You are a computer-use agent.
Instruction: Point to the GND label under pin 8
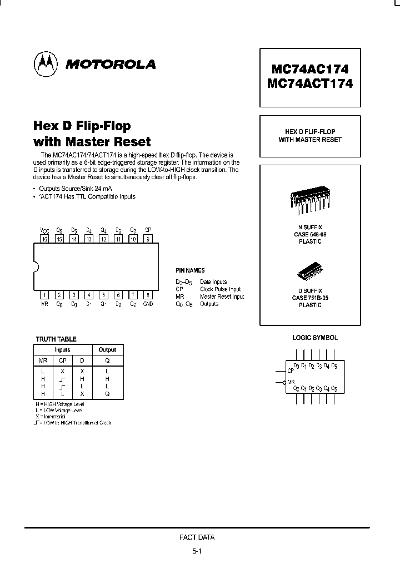tap(148, 304)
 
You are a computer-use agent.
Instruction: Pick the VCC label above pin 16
tap(44, 230)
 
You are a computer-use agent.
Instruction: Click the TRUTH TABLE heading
tap(56, 339)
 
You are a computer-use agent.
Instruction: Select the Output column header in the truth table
tap(107, 350)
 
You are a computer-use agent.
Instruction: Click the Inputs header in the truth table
tap(62, 350)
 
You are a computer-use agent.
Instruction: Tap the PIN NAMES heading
tap(190, 270)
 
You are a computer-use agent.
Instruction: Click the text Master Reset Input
tap(222, 297)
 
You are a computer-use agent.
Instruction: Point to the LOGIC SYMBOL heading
tap(315, 338)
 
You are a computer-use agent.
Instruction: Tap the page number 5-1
tap(197, 551)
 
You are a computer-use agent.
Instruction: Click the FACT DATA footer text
tap(197, 537)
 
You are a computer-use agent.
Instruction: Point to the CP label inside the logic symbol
tap(290, 370)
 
